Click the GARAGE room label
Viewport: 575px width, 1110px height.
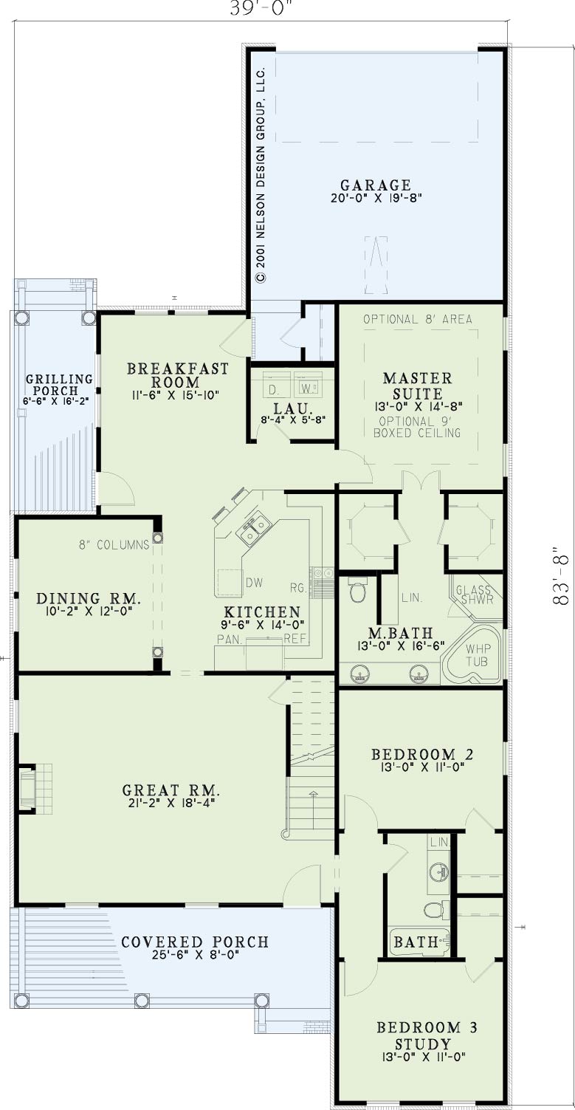click(376, 185)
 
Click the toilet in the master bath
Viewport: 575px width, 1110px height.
click(357, 589)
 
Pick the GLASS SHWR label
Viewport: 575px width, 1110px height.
click(474, 595)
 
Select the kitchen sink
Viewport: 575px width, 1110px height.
click(254, 530)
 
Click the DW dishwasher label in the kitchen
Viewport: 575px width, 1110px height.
click(254, 583)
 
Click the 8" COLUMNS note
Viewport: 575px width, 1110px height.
click(114, 545)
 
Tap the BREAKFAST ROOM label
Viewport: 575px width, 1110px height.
click(178, 375)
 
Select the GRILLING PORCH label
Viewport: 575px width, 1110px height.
click(59, 385)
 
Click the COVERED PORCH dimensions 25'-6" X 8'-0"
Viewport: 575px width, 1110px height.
click(195, 955)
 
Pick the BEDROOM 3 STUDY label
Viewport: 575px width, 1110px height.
click(427, 1035)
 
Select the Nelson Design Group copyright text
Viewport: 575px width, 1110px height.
click(261, 174)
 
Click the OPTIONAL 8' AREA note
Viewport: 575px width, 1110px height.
click(418, 319)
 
